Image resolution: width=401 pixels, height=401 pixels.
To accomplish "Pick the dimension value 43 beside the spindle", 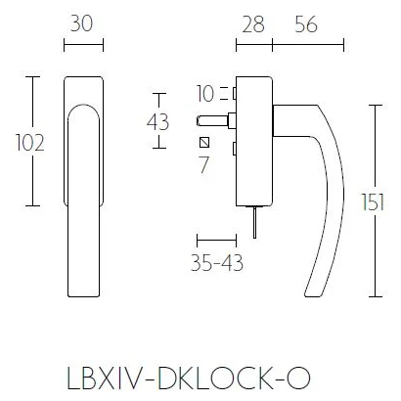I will [156, 122].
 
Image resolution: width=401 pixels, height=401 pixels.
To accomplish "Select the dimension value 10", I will [204, 94].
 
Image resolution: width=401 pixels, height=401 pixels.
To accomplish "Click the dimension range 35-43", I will [217, 262].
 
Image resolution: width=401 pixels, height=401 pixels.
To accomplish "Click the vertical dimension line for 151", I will [377, 200].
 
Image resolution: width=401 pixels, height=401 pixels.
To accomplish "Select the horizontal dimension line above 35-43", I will [217, 238].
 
